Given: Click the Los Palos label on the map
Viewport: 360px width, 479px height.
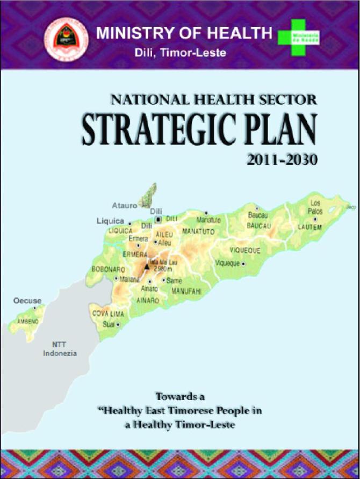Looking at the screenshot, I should pos(315,206).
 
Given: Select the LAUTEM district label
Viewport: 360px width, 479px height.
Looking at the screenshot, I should pos(310,227).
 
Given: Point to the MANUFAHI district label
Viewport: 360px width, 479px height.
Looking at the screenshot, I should pos(186,291).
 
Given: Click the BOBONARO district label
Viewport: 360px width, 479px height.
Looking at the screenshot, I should pos(109,268).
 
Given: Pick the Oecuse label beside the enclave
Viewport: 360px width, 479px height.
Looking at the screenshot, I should pos(25,301).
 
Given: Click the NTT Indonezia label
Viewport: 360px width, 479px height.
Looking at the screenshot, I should pos(60,349).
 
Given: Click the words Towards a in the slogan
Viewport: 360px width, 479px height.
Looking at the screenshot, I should pos(181,397).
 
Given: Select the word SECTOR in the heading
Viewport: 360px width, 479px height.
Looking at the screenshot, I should pos(286,98).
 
